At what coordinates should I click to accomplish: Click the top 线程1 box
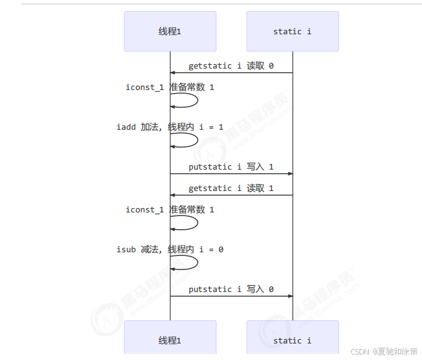pos(170,31)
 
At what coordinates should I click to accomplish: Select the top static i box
pos(292,31)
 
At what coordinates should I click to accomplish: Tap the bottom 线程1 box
pos(170,340)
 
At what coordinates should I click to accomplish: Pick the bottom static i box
pos(292,340)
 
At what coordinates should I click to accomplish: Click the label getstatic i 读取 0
pos(231,66)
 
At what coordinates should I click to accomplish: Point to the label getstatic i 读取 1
pos(231,188)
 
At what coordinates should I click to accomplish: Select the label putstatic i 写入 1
pos(231,167)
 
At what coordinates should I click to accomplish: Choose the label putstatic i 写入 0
pos(231,289)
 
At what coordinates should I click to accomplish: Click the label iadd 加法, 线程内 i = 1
pos(170,127)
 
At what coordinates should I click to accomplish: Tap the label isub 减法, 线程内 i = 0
pos(170,249)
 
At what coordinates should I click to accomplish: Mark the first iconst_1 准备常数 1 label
pos(170,87)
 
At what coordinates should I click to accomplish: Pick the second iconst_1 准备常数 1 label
pos(170,209)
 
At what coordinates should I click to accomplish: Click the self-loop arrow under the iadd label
pos(197,140)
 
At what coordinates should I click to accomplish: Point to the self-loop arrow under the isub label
pos(197,263)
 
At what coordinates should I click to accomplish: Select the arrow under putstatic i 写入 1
pos(231,174)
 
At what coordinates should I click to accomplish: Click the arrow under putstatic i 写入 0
pos(231,296)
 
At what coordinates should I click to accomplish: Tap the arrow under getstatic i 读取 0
pos(231,73)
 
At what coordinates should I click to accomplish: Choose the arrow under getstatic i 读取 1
pos(231,195)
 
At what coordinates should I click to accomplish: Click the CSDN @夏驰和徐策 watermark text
pos(385,351)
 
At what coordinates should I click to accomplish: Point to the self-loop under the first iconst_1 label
pos(197,100)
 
